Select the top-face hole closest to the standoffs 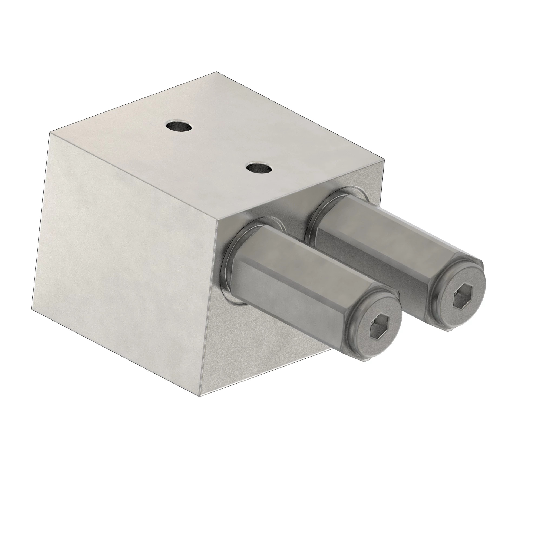click(x=260, y=168)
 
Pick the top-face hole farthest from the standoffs click(x=178, y=126)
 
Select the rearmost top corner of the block click(x=217, y=72)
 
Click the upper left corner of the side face click(x=50, y=133)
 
